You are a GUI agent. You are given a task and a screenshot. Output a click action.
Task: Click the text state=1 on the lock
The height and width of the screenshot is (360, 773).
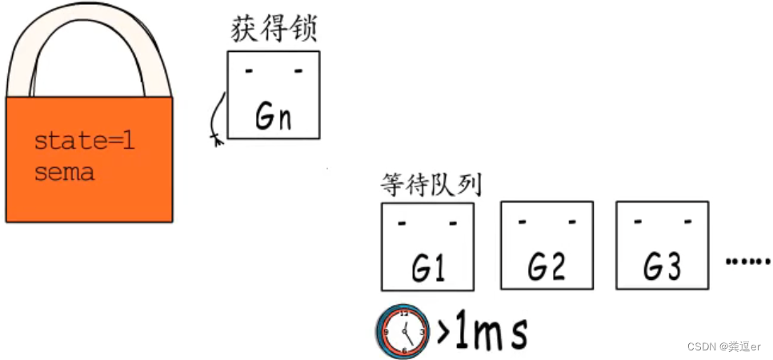[84, 143]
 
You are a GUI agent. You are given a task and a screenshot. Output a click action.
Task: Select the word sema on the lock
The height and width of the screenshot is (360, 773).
[64, 171]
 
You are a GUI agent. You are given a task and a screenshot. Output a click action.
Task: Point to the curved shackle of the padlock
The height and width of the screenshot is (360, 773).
[88, 32]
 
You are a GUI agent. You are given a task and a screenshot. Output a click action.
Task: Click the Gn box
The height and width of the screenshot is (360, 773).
[273, 94]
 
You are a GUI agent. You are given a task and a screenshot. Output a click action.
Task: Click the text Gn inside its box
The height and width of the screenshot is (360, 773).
[273, 117]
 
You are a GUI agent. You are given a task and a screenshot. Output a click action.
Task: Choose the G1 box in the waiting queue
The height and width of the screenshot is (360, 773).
[427, 246]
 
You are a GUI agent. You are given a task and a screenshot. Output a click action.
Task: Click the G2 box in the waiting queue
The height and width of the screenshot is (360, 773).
[547, 245]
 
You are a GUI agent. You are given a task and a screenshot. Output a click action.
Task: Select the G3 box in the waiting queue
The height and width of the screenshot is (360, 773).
[662, 245]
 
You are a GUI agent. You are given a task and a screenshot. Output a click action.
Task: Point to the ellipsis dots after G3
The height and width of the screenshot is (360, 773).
[747, 261]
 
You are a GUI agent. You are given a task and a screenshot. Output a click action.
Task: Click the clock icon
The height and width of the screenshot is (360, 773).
[403, 330]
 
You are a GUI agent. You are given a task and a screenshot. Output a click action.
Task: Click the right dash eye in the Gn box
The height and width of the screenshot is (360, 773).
[298, 72]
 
